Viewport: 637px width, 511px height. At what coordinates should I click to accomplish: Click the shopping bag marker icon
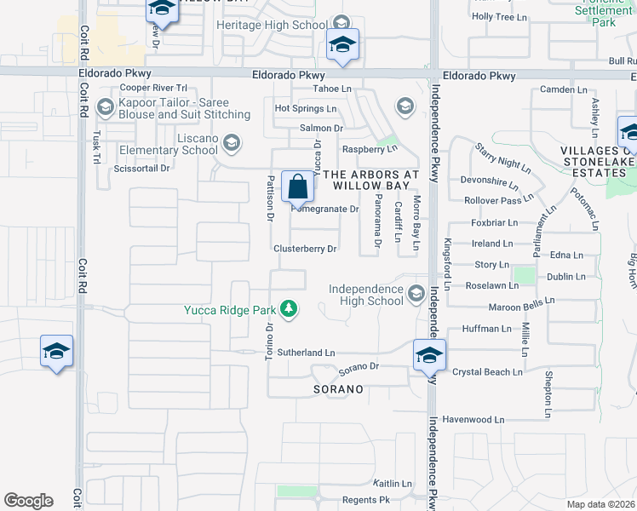point(297,185)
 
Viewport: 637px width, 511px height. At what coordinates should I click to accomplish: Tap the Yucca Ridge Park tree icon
point(290,309)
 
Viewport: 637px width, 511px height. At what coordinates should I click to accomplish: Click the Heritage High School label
point(272,25)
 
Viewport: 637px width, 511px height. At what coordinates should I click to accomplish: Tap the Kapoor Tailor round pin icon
point(106,106)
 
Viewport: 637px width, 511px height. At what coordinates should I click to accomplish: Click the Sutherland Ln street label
point(306,352)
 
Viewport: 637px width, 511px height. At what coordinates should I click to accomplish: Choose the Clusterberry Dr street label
point(306,250)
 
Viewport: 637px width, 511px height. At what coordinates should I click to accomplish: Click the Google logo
point(28,501)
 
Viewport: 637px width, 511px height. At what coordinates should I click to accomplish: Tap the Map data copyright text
point(601,504)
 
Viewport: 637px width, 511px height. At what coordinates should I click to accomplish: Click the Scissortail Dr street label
point(141,169)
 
